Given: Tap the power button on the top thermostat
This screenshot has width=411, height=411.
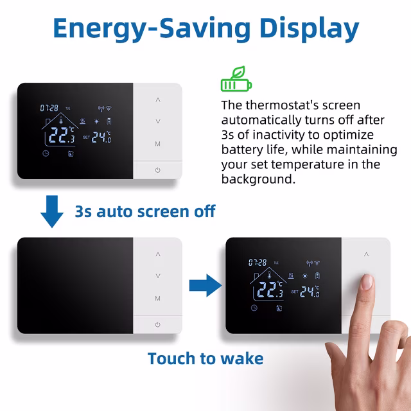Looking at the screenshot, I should [x=158, y=170].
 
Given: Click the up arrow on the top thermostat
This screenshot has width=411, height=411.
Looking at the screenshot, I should [x=158, y=100].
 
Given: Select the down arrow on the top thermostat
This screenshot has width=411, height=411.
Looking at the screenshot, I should [x=158, y=121].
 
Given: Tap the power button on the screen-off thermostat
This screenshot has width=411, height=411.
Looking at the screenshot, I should [x=158, y=324].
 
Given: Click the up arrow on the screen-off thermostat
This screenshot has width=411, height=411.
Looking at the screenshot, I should [x=158, y=254].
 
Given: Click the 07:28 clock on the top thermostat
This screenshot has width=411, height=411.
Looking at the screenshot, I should [x=49, y=108].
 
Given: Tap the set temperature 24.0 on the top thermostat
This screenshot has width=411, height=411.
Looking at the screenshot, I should [x=101, y=136].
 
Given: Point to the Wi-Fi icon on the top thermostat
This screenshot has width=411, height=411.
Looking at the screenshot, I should [x=108, y=108].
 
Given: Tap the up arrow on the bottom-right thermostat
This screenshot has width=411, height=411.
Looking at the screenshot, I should [x=366, y=254].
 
